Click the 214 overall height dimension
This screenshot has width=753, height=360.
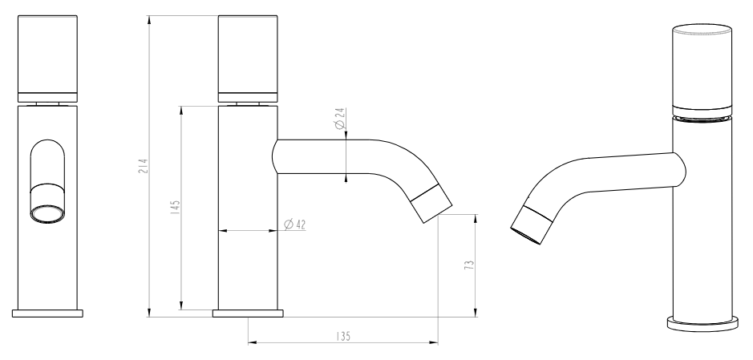[144, 166]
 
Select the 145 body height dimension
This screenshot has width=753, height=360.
[176, 208]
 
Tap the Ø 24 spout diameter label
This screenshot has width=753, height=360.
[340, 119]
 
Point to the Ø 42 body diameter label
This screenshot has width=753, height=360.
[295, 224]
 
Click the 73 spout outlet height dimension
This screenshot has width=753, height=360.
[469, 265]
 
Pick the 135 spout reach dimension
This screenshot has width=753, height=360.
[343, 337]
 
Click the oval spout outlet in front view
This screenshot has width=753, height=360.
[47, 213]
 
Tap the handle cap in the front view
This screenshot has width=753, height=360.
[47, 59]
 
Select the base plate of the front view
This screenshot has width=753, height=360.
[47, 313]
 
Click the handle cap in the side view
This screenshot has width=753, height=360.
[248, 59]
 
